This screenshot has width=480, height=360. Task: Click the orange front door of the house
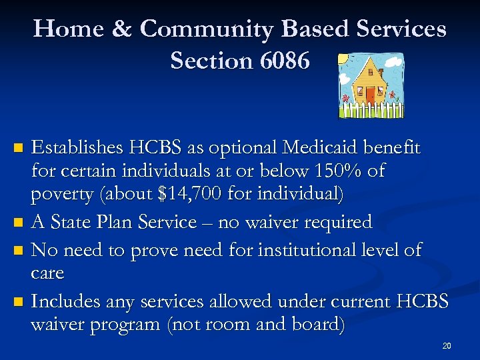pos(370,94)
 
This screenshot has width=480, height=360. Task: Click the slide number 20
pos(447,346)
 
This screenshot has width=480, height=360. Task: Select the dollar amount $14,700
pos(193,195)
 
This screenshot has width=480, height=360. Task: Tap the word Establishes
pos(79,147)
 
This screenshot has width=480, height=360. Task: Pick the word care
pos(47,273)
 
